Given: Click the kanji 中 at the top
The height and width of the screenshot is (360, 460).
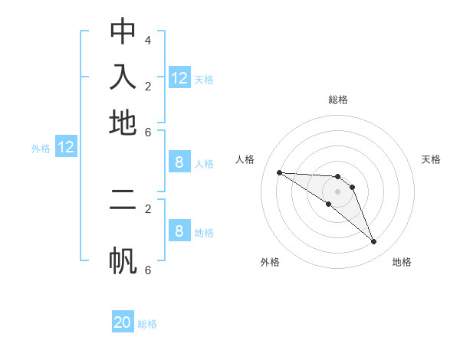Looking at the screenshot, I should click(x=123, y=31).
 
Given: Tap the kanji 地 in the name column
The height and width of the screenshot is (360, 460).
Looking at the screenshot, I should click(x=123, y=123).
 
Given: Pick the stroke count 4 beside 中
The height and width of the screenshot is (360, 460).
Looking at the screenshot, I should click(x=147, y=40).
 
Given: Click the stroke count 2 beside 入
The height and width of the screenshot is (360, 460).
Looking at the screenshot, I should click(x=147, y=86).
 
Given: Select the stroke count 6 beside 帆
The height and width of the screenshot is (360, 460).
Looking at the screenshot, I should click(x=147, y=270).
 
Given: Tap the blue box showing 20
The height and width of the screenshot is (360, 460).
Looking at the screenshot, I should click(x=123, y=322).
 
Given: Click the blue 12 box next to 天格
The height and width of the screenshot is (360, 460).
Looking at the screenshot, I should click(x=179, y=77).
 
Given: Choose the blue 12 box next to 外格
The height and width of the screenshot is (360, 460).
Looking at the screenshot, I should click(x=66, y=147).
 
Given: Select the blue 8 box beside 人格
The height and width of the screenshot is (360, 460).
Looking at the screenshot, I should click(x=179, y=162).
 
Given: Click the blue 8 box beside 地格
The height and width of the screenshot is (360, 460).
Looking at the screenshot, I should click(x=179, y=231).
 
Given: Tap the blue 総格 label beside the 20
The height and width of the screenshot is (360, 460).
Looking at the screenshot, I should click(x=147, y=324).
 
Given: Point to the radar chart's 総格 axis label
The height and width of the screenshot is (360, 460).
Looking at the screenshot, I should click(x=338, y=100).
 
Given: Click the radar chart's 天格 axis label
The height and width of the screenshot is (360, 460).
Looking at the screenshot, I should click(x=431, y=159).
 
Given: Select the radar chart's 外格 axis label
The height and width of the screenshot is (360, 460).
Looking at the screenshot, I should click(x=270, y=262).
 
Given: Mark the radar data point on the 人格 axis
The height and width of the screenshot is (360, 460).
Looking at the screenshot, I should click(x=279, y=172).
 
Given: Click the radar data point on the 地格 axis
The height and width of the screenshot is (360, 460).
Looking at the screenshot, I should click(x=373, y=241).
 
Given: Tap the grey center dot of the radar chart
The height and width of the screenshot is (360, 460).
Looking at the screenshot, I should click(x=338, y=191).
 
